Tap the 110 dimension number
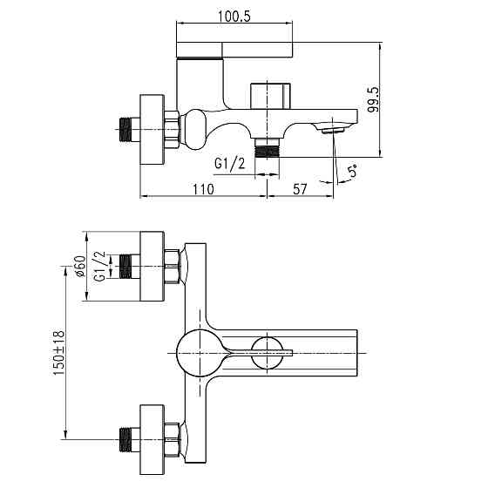coord(202,187)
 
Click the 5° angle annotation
coord(352,170)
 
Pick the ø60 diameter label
coord(78,266)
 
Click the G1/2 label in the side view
coord(231,164)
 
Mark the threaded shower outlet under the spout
coord(269,146)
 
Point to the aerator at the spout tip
coord(330,130)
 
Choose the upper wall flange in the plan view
coord(153,267)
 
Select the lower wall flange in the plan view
coord(153,435)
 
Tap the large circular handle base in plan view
coord(197,352)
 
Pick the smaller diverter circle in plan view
coord(267,352)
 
